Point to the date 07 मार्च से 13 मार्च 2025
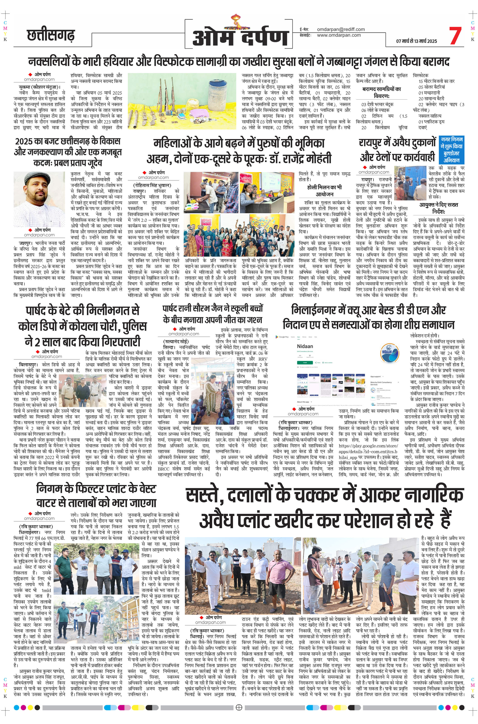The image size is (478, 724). tap(416, 41)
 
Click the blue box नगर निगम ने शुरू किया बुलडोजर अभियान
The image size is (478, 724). tap(451, 150)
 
